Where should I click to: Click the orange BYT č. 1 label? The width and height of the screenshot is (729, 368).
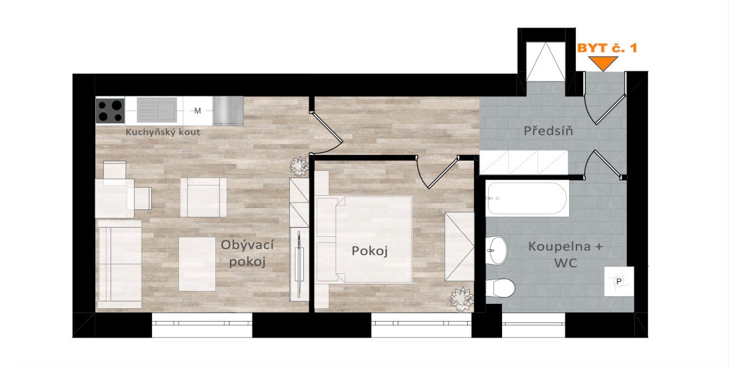pyautogui.click(x=607, y=48)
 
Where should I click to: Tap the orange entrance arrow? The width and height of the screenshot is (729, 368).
pyautogui.click(x=603, y=63)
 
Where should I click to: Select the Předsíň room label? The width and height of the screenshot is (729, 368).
pyautogui.click(x=548, y=131)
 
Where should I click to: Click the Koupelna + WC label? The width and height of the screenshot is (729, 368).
pyautogui.click(x=566, y=254)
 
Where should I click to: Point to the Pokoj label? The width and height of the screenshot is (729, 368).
pyautogui.click(x=370, y=251)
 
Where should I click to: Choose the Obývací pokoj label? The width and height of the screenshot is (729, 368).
pyautogui.click(x=247, y=253)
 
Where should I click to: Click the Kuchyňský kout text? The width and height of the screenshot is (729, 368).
pyautogui.click(x=163, y=132)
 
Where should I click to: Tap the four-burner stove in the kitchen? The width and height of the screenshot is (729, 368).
pyautogui.click(x=110, y=110)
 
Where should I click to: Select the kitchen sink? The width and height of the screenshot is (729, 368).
pyautogui.click(x=157, y=110)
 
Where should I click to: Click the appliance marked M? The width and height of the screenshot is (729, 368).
pyautogui.click(x=198, y=110)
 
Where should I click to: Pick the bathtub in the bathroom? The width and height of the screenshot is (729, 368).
pyautogui.click(x=527, y=198)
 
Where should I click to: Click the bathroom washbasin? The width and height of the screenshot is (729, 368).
pyautogui.click(x=496, y=250)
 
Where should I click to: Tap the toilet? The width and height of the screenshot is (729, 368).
pyautogui.click(x=500, y=288)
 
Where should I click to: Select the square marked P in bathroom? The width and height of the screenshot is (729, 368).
pyautogui.click(x=619, y=281)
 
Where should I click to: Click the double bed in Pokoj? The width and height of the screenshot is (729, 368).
pyautogui.click(x=364, y=240)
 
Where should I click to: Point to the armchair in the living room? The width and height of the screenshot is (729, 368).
pyautogui.click(x=203, y=197)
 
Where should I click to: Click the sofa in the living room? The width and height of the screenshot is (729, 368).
pyautogui.click(x=120, y=264)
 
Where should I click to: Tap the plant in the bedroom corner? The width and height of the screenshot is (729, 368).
pyautogui.click(x=462, y=299)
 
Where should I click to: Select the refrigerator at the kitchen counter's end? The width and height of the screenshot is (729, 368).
pyautogui.click(x=228, y=110)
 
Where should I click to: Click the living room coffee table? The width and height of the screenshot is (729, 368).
pyautogui.click(x=197, y=264)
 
